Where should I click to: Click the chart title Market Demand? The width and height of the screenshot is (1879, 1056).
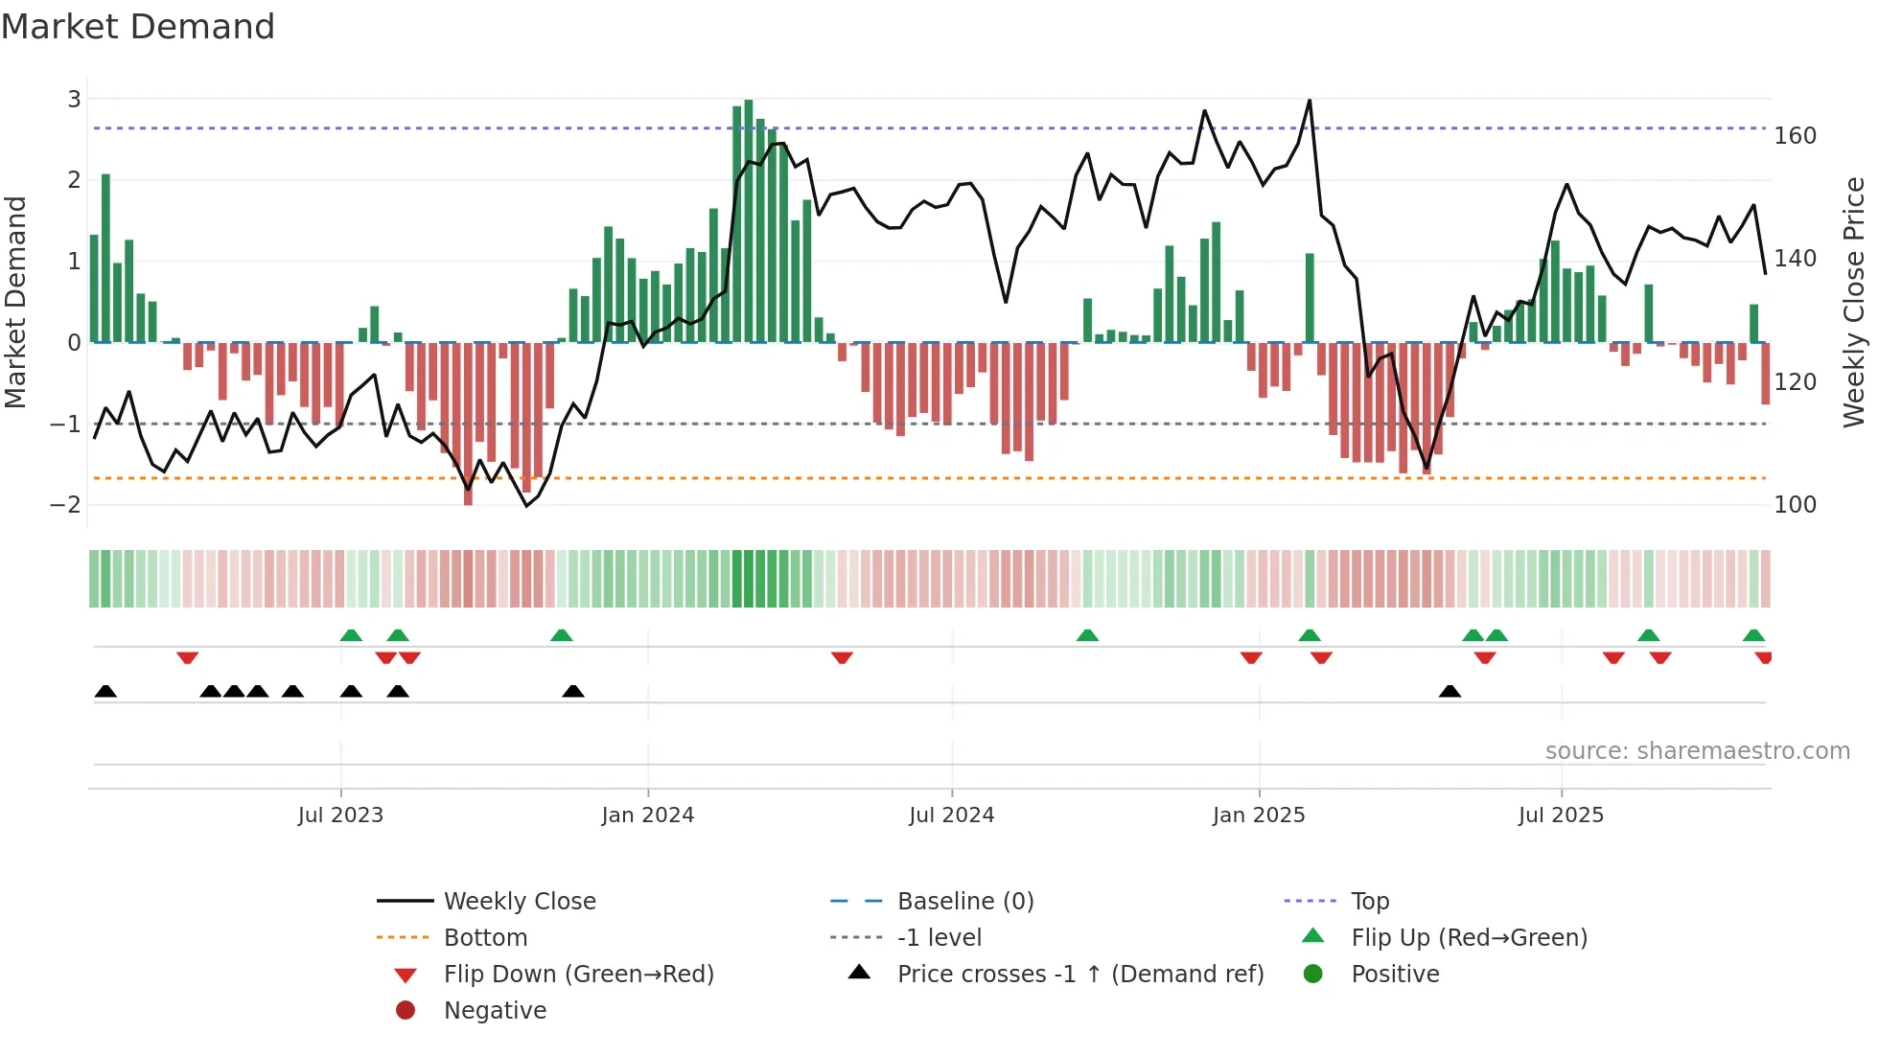[x=138, y=27]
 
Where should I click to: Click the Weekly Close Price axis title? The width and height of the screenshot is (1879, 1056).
[x=1854, y=302]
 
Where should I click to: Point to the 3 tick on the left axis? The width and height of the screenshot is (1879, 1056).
[x=74, y=99]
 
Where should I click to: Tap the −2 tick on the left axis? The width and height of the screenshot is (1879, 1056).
[x=65, y=505]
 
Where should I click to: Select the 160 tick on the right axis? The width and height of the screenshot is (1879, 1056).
[x=1795, y=136]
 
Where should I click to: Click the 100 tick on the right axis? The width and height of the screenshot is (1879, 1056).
[x=1795, y=505]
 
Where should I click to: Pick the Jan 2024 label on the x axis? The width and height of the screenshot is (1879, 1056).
[x=647, y=815]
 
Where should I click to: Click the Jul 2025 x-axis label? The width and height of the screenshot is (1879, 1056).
[x=1561, y=815]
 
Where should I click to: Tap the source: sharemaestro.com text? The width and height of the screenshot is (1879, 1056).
[x=1697, y=751]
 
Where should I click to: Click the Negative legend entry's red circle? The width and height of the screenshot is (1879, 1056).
[x=406, y=1011]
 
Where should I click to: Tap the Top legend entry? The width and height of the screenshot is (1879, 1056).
[x=1370, y=902]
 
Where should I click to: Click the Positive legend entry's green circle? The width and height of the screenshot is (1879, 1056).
[x=1313, y=975]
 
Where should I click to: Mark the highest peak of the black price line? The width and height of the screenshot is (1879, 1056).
[x=1310, y=101]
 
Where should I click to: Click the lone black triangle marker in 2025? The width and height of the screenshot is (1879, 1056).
[x=1450, y=692]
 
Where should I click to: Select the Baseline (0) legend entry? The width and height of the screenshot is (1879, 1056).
[x=964, y=902]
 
